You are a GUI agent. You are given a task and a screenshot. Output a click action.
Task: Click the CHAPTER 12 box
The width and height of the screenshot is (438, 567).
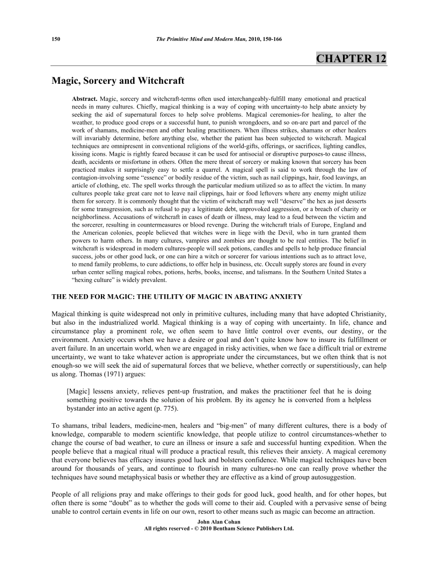(351, 59)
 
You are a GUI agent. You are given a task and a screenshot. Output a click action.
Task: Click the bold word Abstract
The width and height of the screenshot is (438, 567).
(85, 100)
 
